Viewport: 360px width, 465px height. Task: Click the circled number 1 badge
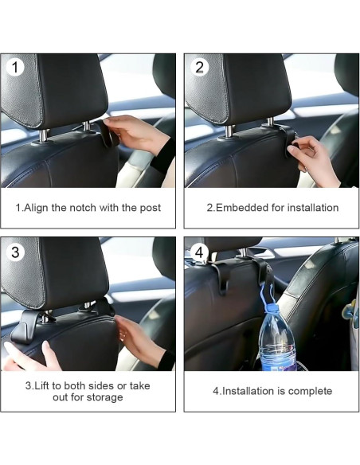pyautogui.click(x=14, y=68)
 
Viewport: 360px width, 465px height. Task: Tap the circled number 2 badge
pyautogui.click(x=200, y=68)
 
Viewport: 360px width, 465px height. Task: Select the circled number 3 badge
pyautogui.click(x=15, y=252)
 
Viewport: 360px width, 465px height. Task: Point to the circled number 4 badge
pyautogui.click(x=199, y=252)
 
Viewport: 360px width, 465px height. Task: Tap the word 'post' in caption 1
pyautogui.click(x=151, y=208)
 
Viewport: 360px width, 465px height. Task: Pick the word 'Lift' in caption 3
pyautogui.click(x=42, y=385)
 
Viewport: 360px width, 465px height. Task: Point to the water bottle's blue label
pyautogui.click(x=279, y=363)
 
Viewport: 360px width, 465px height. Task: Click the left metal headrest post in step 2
pyautogui.click(x=230, y=131)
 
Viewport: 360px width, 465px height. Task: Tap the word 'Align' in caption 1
pyautogui.click(x=36, y=208)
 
